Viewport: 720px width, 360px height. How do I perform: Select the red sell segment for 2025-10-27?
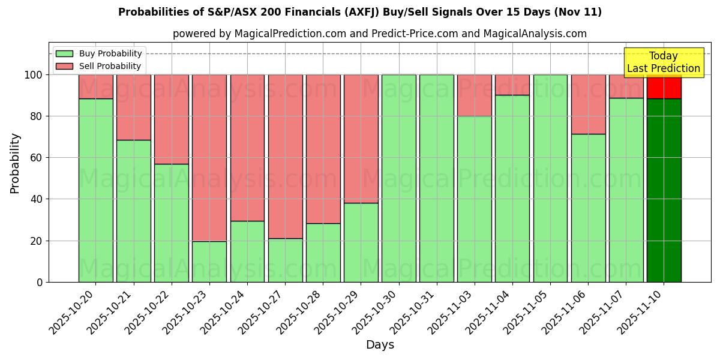[285, 156]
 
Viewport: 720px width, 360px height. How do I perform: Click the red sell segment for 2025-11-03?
[474, 95]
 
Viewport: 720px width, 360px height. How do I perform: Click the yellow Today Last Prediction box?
[664, 62]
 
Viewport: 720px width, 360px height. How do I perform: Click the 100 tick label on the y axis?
[32, 75]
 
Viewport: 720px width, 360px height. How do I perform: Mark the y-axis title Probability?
[15, 163]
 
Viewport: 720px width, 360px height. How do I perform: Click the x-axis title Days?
[380, 345]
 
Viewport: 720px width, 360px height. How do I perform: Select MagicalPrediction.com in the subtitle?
[290, 34]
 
